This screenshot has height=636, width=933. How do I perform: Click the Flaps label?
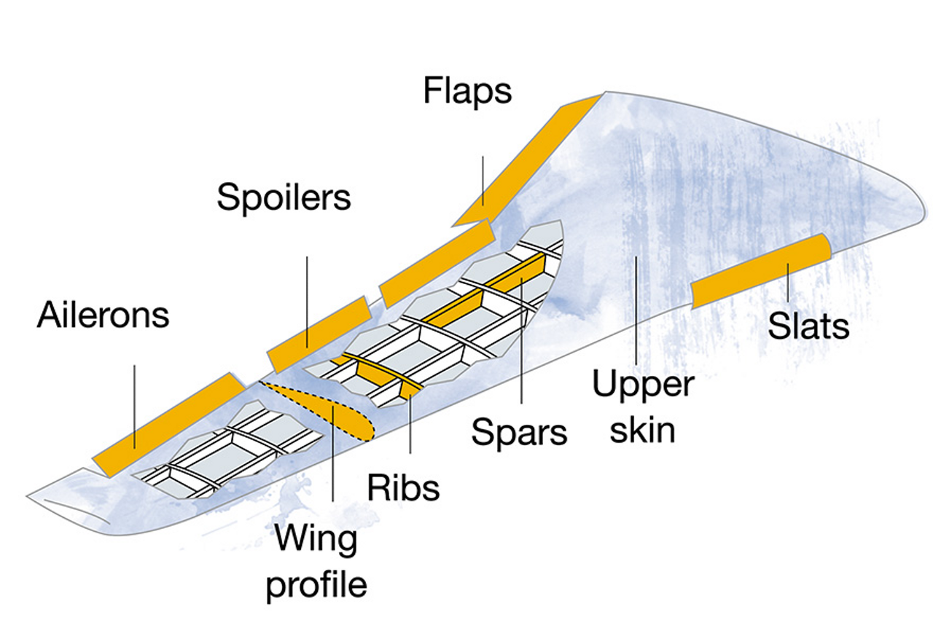[467, 93]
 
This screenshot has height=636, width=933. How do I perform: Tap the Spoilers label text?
[284, 197]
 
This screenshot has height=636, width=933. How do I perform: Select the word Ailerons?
[103, 315]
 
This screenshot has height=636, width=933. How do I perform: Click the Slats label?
[808, 326]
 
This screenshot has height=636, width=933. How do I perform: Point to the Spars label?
[519, 432]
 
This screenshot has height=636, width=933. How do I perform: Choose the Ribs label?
[403, 487]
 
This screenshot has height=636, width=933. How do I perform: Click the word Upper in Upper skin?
[642, 384]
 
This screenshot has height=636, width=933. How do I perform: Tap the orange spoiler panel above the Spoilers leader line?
[321, 334]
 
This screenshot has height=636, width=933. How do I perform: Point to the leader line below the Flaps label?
[483, 178]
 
